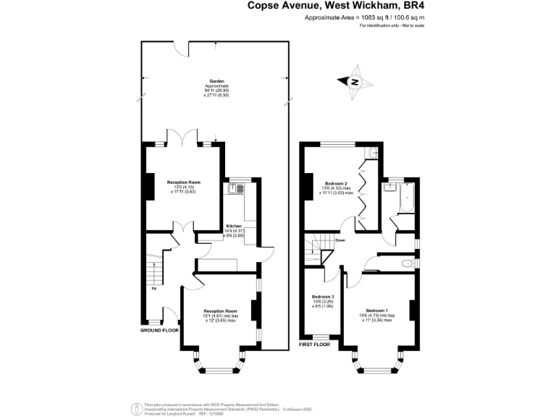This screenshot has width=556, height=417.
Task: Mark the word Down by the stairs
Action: (x=340, y=240)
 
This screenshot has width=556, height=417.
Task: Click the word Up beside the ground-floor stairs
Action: (x=153, y=288)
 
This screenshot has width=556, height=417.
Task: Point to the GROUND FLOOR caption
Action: (x=159, y=329)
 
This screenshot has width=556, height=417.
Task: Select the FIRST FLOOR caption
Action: (x=314, y=345)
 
